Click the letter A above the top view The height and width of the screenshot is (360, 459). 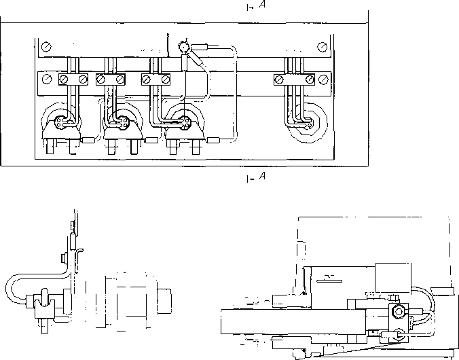[x=262, y=5]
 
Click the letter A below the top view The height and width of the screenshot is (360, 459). [x=262, y=176]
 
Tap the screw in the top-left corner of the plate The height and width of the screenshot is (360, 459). [x=47, y=47]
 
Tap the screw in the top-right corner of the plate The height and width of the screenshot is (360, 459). [x=322, y=47]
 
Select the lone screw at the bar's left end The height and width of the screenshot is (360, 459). [x=47, y=79]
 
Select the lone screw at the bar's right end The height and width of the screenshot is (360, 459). [x=323, y=79]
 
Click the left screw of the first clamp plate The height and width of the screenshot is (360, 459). [x=64, y=79]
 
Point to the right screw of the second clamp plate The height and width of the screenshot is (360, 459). [x=120, y=79]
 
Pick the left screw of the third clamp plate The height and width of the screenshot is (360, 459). [x=146, y=79]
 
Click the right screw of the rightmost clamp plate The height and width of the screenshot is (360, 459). [x=310, y=79]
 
